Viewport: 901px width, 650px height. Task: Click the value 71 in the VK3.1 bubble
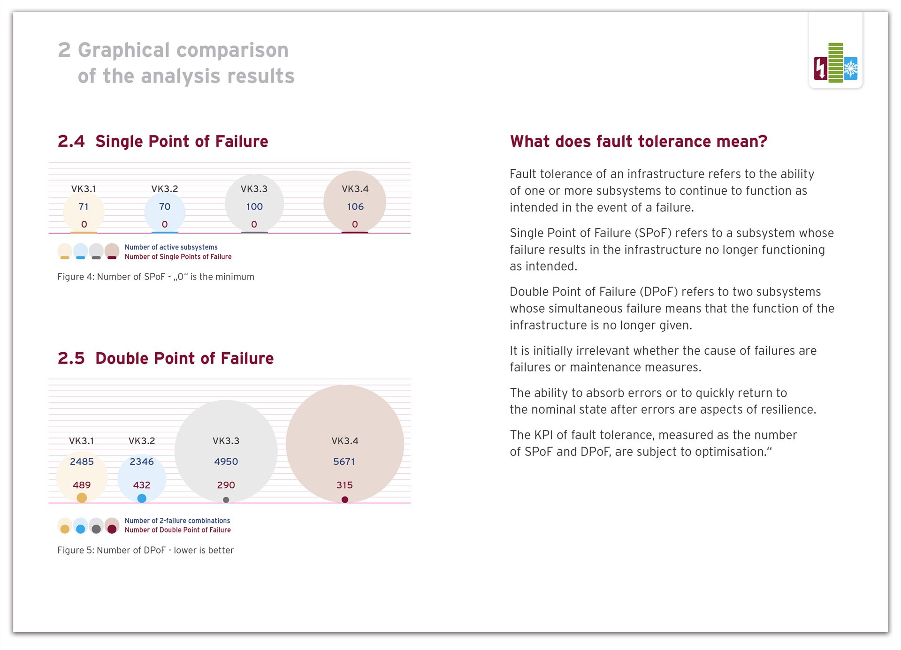pos(84,207)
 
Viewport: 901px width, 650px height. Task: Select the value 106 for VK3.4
pos(355,207)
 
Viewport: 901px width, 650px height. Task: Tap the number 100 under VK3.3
pos(254,207)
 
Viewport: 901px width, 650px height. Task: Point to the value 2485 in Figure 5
pos(82,462)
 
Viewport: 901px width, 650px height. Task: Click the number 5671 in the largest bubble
pos(344,462)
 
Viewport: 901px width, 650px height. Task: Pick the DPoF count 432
pos(142,485)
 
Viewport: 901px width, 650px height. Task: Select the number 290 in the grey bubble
pos(226,485)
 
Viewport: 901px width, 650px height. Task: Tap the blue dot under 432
pos(142,499)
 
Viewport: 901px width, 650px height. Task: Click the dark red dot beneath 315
pos(345,500)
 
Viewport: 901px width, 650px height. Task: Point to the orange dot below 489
pos(82,498)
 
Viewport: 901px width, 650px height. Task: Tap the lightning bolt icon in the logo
pos(821,68)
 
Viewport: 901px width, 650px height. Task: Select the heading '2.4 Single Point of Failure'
pos(163,142)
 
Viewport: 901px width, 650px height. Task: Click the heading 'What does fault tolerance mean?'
pos(638,142)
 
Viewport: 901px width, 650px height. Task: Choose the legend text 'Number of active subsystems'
pos(171,247)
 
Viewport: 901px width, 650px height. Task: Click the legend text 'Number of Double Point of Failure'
pos(178,530)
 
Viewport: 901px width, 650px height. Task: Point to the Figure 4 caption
pos(156,277)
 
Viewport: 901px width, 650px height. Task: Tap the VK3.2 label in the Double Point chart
pos(142,441)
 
